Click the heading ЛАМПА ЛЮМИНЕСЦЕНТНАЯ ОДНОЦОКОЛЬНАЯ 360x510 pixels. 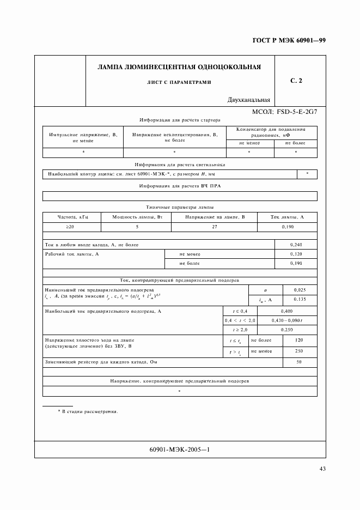179,68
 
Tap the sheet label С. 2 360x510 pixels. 296,81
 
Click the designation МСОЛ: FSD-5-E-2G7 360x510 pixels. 284,112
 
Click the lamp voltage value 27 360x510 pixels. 214,226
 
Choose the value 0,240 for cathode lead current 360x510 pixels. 296,245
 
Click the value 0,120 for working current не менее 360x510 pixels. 296,254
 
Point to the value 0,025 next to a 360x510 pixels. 300,290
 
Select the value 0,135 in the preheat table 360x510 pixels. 300,299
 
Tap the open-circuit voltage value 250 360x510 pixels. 299,351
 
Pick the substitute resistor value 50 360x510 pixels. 299,362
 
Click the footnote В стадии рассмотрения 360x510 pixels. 90,411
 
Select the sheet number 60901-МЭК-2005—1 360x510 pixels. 179,450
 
